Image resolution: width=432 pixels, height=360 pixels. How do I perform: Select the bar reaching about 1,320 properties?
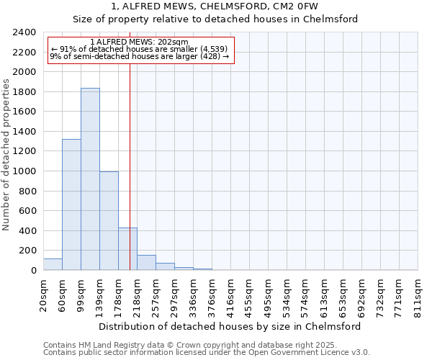(x=71, y=205)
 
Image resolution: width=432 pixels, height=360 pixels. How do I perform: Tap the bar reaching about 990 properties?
(x=109, y=221)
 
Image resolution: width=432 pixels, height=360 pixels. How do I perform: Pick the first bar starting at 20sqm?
(x=53, y=264)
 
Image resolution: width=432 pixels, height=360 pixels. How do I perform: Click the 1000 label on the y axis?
(x=24, y=171)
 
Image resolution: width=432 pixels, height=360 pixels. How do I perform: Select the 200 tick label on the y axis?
(x=27, y=251)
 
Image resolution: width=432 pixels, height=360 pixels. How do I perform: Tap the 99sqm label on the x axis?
(x=81, y=292)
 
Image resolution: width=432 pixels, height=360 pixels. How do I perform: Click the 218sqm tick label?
(x=137, y=293)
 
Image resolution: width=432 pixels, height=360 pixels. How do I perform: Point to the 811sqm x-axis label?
(x=418, y=293)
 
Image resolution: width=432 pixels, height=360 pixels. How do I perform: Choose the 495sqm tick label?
(x=268, y=293)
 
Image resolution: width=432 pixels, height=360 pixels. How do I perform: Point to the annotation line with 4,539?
(x=139, y=49)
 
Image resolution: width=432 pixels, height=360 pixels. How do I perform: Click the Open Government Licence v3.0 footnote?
(x=207, y=353)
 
